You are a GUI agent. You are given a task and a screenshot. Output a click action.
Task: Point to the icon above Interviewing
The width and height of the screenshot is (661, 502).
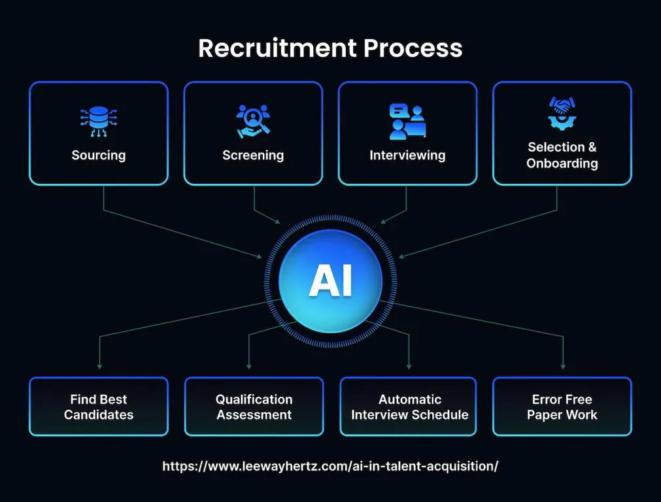point(407,121)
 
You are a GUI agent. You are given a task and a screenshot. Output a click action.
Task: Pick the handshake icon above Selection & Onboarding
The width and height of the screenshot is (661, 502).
point(562,113)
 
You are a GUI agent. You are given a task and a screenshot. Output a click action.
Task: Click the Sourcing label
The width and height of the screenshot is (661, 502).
point(98,156)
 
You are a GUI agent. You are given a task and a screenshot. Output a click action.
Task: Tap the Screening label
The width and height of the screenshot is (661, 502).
point(253,156)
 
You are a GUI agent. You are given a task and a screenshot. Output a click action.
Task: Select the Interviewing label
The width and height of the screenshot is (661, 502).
point(407,156)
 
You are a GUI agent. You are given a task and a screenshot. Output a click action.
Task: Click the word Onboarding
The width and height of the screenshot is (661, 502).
point(562,163)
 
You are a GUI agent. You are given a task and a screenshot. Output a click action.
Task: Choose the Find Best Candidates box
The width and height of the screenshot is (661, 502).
point(99,407)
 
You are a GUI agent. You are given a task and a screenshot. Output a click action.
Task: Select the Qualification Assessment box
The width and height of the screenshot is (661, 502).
point(254,407)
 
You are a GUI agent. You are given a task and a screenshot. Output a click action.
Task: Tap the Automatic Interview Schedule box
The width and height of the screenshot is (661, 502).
point(409,407)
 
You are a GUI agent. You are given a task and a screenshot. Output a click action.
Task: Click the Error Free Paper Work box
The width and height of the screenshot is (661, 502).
point(562,407)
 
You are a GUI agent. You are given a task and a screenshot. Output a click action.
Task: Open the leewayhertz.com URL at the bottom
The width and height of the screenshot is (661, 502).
point(330,466)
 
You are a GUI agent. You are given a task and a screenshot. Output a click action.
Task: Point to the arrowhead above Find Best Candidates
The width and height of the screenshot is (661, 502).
point(99,365)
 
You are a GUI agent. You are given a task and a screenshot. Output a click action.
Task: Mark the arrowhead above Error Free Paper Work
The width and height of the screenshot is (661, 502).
point(563,366)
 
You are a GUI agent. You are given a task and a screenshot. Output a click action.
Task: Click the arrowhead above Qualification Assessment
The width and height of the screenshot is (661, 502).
point(249,365)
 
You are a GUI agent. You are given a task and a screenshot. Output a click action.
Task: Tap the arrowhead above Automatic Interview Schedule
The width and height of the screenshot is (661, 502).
point(409,365)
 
